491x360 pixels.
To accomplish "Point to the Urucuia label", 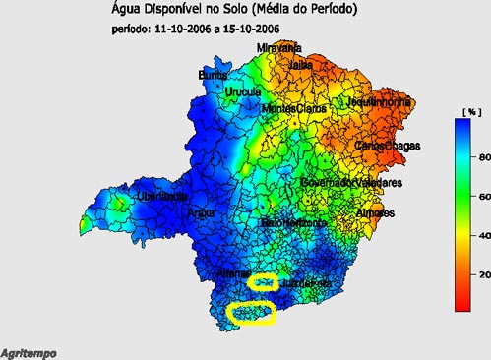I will (x=243, y=92).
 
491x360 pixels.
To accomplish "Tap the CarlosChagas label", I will (x=388, y=146).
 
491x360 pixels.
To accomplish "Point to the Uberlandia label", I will (x=135, y=197).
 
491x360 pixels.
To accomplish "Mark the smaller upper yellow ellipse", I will (x=262, y=282).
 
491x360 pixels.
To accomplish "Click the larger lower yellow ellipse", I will (x=250, y=314).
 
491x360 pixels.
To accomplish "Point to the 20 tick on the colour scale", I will (x=474, y=273).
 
